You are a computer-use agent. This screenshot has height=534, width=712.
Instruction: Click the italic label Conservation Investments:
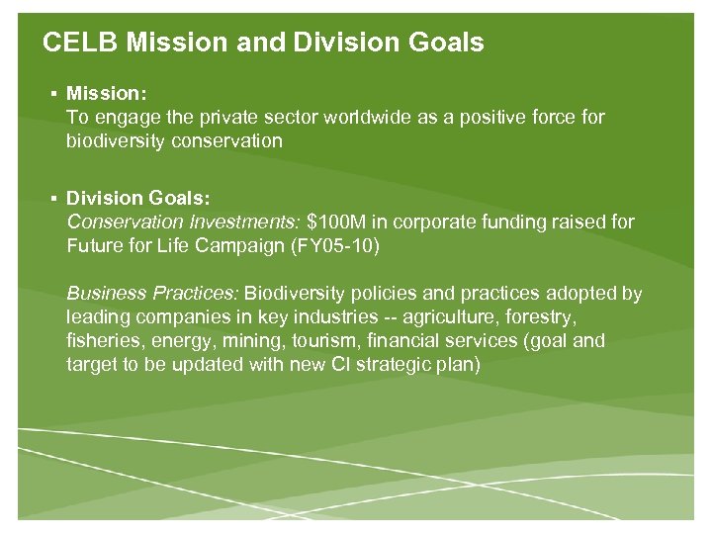pos(184,222)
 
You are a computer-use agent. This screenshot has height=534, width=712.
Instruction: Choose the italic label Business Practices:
pos(152,294)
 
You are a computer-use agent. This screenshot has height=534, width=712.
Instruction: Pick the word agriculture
pos(468,317)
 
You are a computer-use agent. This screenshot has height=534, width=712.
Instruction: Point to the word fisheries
pos(102,341)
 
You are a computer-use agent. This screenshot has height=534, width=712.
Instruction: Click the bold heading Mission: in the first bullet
pos(107,93)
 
